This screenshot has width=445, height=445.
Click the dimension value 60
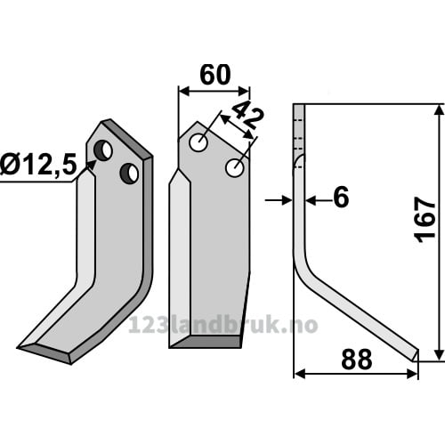215,75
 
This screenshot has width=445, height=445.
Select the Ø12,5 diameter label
38,164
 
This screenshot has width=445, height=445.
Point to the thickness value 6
341,198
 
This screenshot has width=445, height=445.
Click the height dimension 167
425,220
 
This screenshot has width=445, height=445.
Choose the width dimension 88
357,360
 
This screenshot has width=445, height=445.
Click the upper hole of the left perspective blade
103,150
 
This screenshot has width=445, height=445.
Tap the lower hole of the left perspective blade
129,173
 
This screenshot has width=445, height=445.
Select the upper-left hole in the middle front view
198,142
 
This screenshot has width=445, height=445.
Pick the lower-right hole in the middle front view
235,168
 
